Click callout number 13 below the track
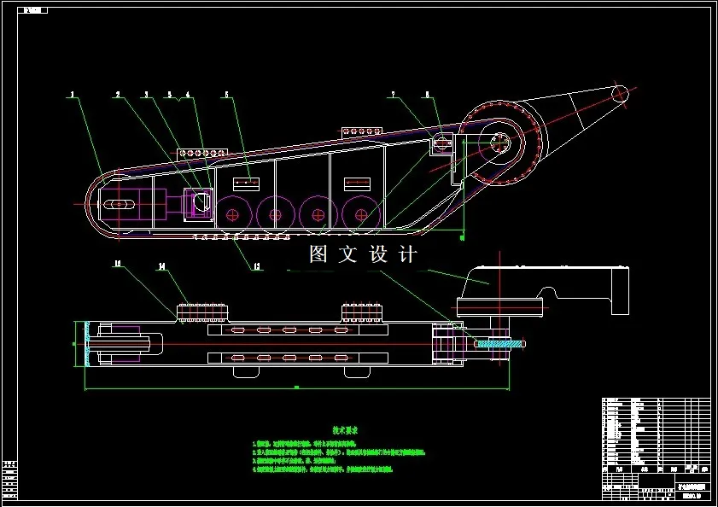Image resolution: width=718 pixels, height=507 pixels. pos(256,266)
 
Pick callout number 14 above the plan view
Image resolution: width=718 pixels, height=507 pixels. pos(161,266)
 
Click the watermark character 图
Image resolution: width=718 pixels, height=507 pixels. pos(318,254)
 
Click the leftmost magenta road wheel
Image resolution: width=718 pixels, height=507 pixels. pos(231,213)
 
